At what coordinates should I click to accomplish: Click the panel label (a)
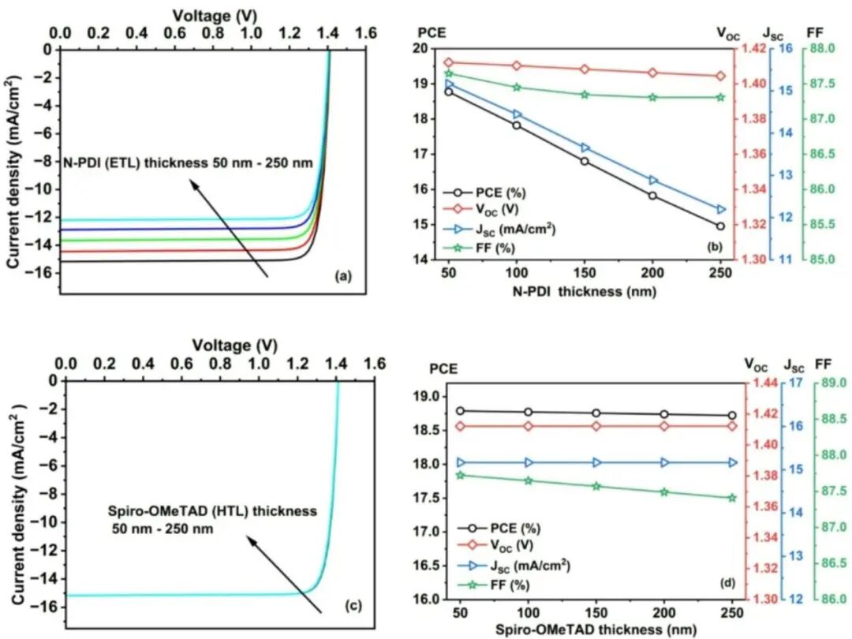point(341,277)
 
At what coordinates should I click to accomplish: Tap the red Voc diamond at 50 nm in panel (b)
point(449,62)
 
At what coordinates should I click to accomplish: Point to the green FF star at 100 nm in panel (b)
point(517,88)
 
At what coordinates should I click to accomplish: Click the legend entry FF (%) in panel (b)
point(504,248)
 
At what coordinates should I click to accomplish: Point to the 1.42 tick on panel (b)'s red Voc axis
point(750,49)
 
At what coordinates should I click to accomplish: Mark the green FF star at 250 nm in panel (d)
point(732,498)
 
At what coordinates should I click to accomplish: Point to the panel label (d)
point(727,584)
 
